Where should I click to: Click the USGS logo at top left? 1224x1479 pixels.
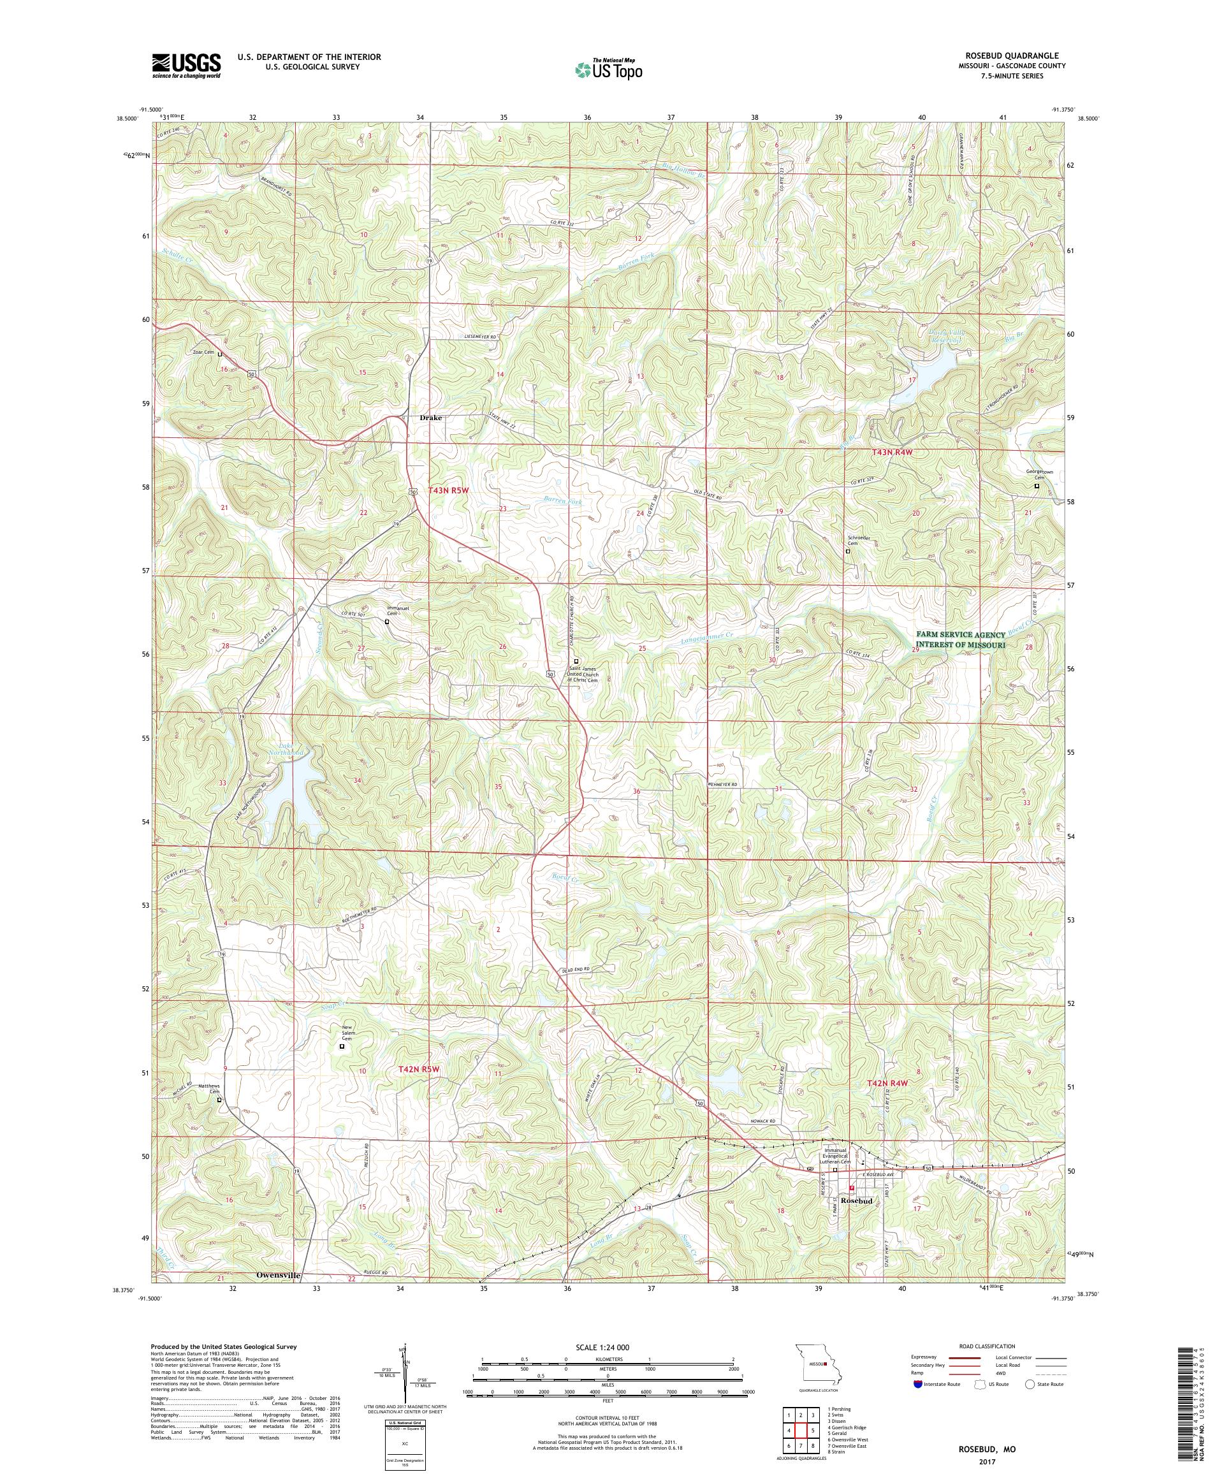(x=186, y=66)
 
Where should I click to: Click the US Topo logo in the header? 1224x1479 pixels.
(x=609, y=69)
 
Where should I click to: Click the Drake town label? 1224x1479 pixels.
(x=430, y=418)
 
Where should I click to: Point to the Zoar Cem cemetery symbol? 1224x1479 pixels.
(x=220, y=355)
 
